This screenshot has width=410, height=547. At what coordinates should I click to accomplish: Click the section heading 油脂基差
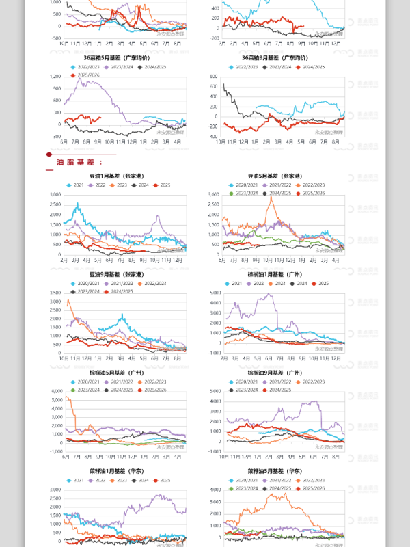click(x=79, y=162)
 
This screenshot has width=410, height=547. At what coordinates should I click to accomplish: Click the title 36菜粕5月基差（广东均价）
click(x=124, y=59)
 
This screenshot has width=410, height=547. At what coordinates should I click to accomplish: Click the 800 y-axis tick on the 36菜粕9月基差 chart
click(x=214, y=76)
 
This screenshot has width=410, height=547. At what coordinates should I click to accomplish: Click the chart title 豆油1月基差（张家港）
click(x=125, y=176)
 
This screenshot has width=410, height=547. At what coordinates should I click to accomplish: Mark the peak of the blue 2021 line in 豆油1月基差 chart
click(x=79, y=204)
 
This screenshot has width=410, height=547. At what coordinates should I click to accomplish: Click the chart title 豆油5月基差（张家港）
click(x=283, y=176)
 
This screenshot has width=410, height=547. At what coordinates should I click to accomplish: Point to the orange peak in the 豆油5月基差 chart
click(x=271, y=197)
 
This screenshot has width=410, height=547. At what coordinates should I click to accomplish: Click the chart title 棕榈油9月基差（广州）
click(x=283, y=373)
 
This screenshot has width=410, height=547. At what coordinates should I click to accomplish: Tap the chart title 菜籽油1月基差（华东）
click(x=125, y=471)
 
